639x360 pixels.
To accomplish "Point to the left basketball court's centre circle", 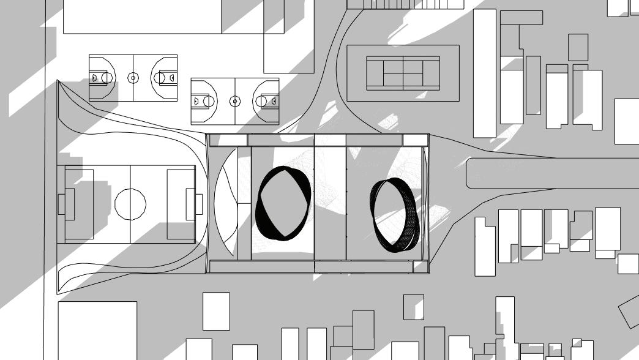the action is pos(133,78).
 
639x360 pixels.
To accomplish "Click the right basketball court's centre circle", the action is pos(235,101).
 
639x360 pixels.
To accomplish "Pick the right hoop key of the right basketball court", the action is pos(269,101).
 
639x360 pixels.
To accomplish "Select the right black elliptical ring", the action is pos(395,214).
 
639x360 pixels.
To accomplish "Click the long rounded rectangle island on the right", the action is pos(551,173).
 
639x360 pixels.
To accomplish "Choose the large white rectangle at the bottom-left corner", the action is pos(97,331).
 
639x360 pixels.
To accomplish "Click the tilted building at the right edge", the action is pos(630,312).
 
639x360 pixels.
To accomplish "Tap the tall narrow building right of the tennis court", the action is pos(485,73).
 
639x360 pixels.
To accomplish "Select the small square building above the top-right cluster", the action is pos(578,47).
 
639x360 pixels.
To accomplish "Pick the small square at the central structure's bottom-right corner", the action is pos(420,266).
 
